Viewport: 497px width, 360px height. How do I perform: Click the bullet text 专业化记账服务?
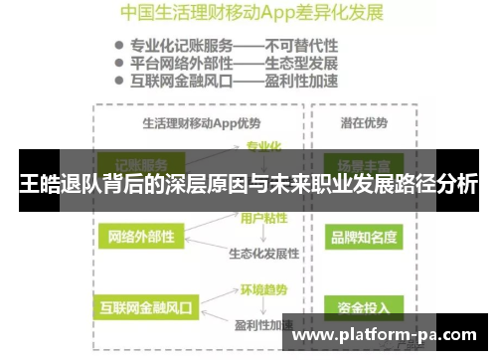(x=177, y=46)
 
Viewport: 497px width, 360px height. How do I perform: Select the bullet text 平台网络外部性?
(x=177, y=63)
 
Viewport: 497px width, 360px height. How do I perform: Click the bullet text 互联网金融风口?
(x=177, y=81)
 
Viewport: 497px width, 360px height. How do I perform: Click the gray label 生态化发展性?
(x=263, y=253)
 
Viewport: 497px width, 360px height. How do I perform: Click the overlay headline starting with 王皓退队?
(x=248, y=184)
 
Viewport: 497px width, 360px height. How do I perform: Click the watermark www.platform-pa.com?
(x=384, y=334)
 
